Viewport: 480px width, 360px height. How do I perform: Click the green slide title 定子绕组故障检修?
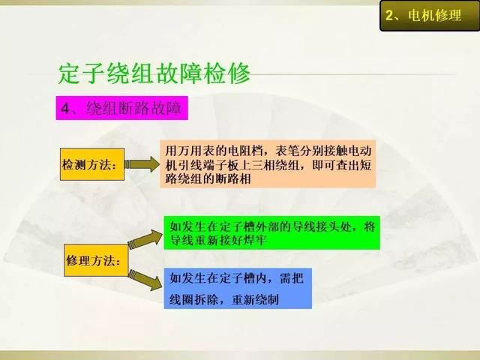click(x=154, y=73)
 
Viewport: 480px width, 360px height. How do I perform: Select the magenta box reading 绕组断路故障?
click(x=121, y=108)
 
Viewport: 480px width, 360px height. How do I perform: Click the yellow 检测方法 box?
click(x=92, y=164)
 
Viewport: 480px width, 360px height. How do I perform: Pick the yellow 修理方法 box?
click(x=96, y=260)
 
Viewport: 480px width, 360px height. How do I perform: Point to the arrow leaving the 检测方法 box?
click(x=142, y=164)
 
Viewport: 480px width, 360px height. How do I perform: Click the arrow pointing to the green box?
click(x=145, y=239)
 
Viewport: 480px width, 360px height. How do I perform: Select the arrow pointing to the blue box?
click(x=145, y=280)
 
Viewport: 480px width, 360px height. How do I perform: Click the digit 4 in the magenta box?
click(x=65, y=108)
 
